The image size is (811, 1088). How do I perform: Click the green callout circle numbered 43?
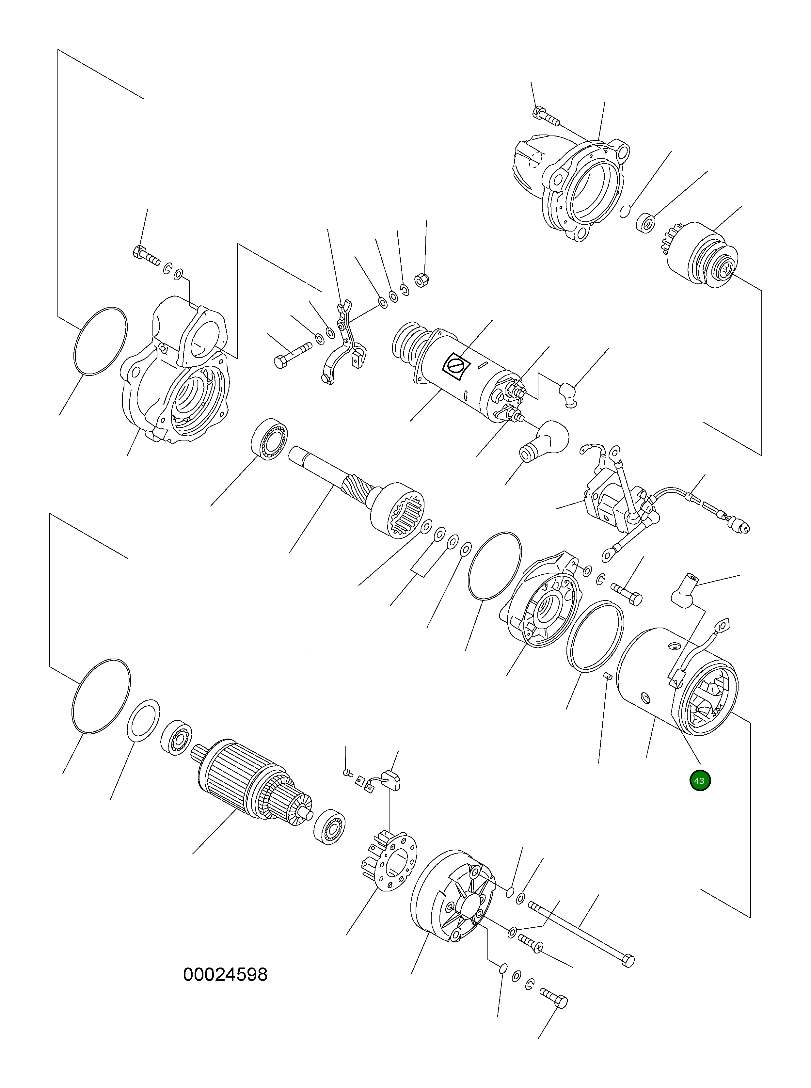(x=700, y=781)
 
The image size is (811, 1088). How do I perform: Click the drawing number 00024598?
(x=225, y=975)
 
